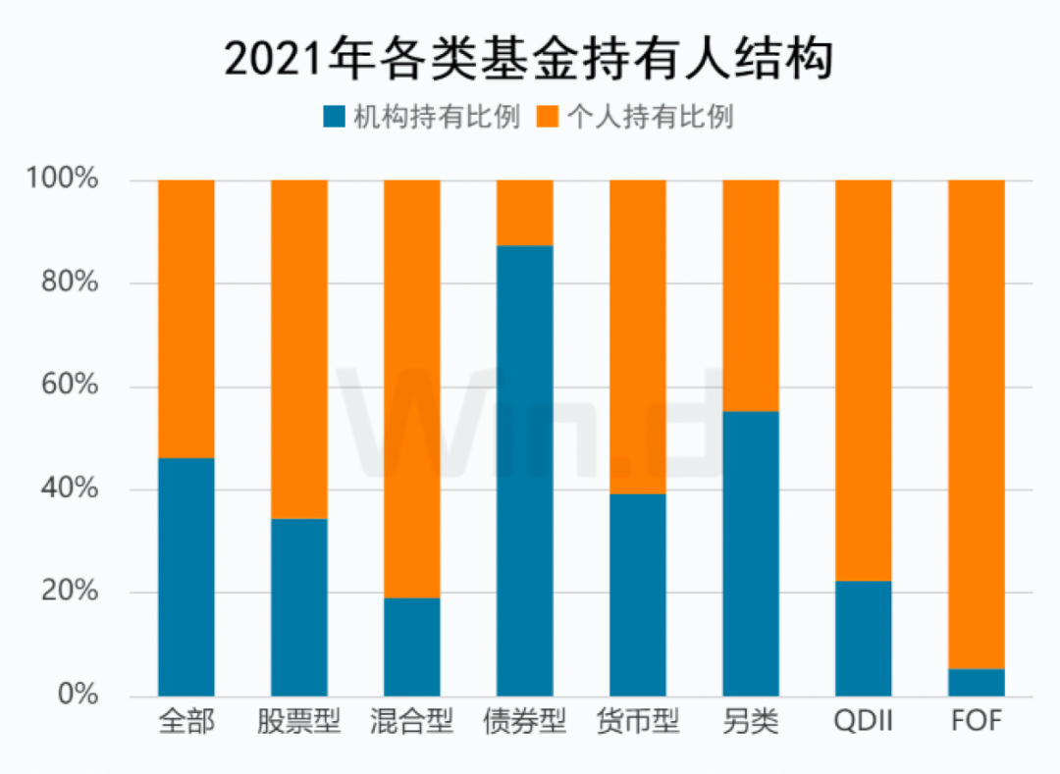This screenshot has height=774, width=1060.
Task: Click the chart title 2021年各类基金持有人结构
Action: [529, 58]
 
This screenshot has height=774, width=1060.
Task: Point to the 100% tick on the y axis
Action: [63, 181]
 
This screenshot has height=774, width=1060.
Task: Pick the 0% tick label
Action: [78, 696]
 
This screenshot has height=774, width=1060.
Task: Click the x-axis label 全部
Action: [186, 723]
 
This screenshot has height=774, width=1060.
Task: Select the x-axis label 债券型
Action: [525, 723]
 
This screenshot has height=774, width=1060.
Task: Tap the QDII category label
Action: [863, 723]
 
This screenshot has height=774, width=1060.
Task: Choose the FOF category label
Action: [976, 723]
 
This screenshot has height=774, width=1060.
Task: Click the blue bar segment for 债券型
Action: [525, 471]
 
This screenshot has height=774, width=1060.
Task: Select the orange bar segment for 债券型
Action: [525, 213]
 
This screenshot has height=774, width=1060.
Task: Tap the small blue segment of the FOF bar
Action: [976, 683]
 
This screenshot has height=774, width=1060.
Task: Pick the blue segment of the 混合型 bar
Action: [412, 647]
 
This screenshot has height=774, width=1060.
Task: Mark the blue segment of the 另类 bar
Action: [751, 554]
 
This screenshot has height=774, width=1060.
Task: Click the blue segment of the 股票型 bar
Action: [299, 608]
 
